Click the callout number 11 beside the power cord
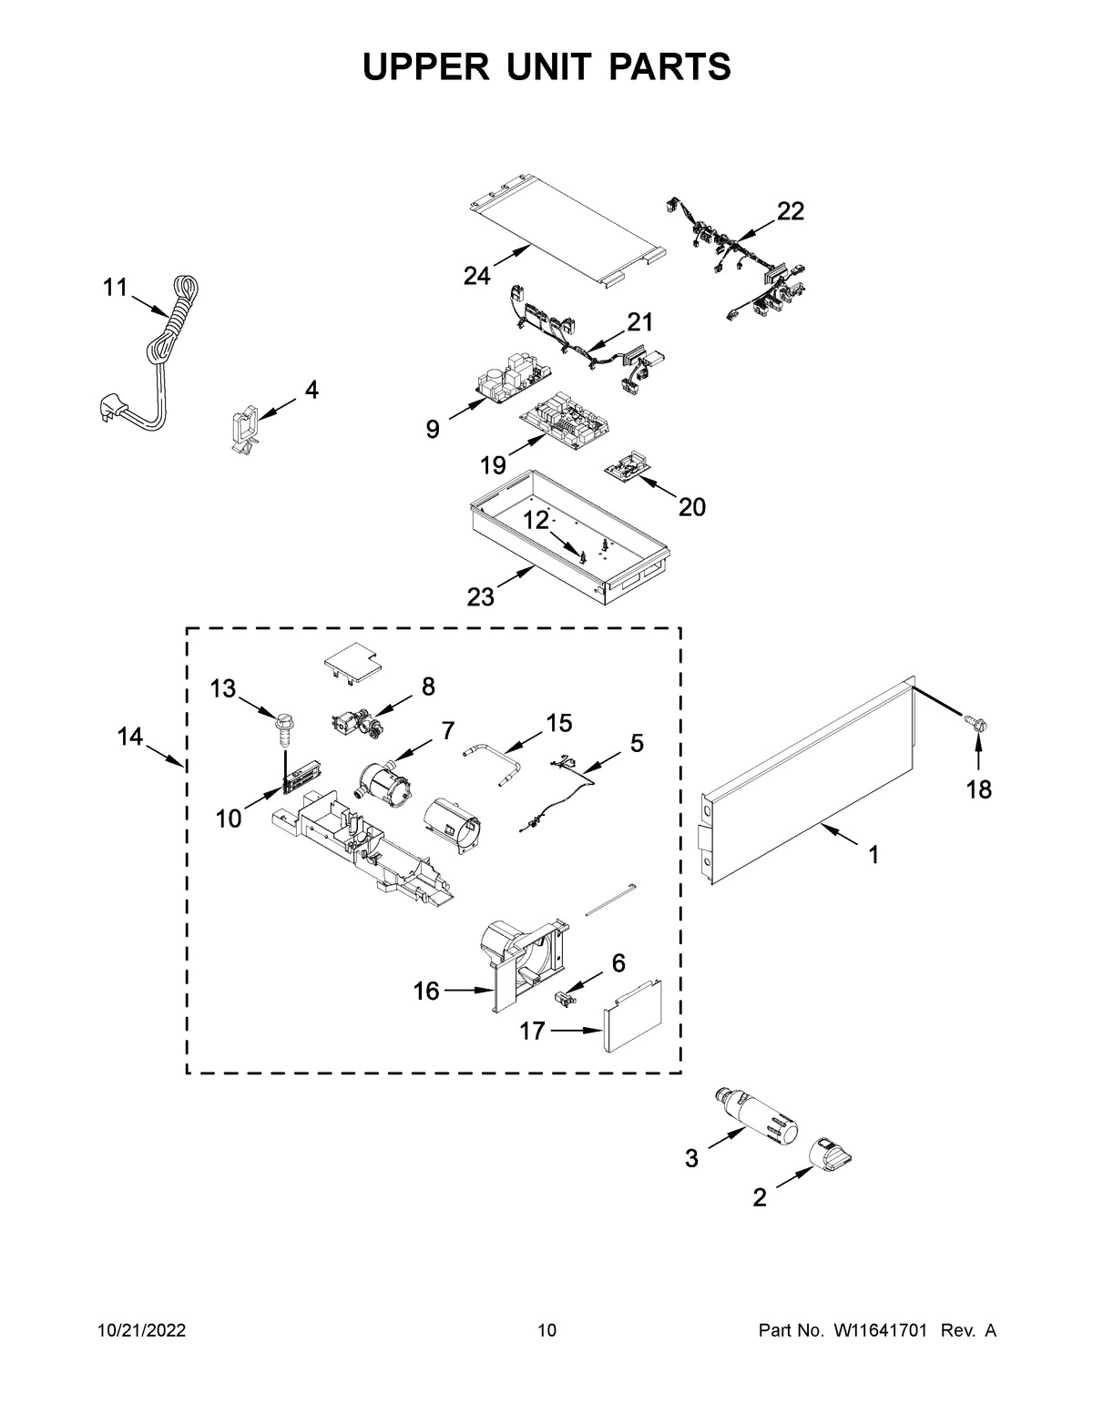coord(114,288)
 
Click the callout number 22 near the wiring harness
coord(791,211)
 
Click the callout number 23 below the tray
coord(480,596)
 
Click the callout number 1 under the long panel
coord(873,855)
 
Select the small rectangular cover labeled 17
coord(631,1016)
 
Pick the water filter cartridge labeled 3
coord(757,1115)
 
